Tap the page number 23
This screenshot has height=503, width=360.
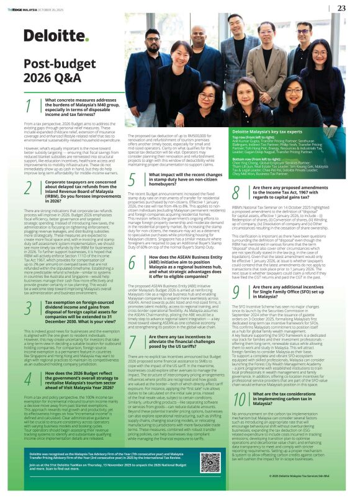pos(341,8)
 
